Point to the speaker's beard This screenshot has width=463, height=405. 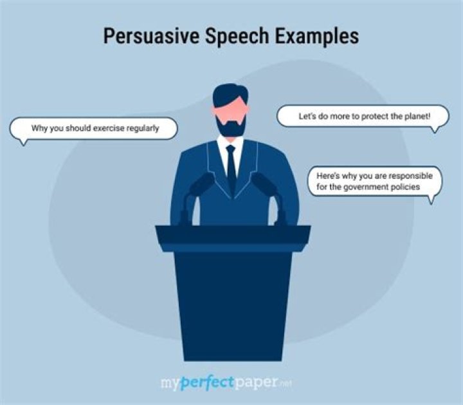tap(231, 127)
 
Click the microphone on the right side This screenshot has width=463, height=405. tap(266, 187)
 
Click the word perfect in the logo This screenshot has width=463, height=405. tap(208, 384)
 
